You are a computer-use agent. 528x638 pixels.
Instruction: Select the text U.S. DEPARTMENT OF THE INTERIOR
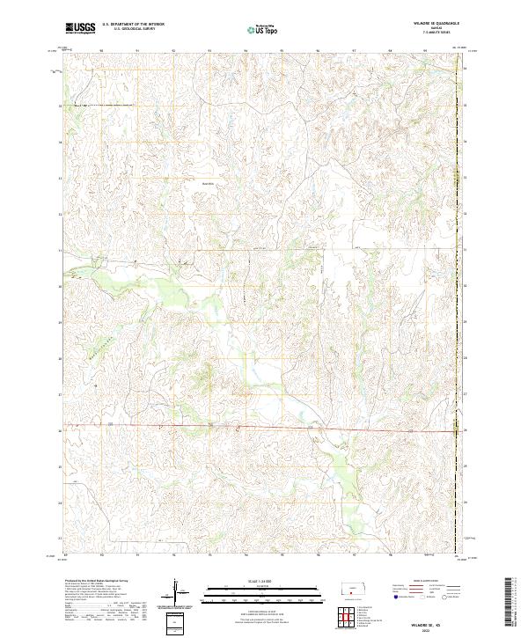tap(133, 26)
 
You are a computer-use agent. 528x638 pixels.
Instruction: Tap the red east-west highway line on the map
tap(264, 429)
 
